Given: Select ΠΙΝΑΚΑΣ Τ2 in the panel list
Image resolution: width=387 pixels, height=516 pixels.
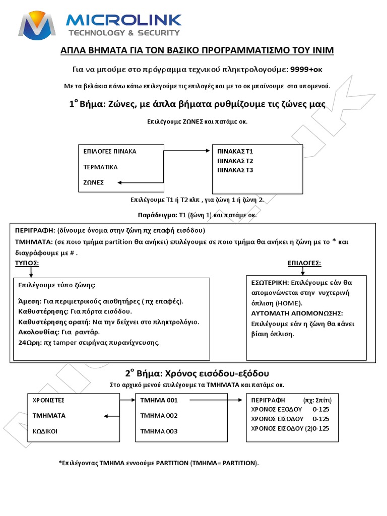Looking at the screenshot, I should click(235, 161).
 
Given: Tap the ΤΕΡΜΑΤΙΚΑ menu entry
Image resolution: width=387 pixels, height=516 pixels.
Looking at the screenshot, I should click(100, 167).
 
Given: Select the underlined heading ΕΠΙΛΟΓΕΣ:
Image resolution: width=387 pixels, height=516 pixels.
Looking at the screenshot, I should click(304, 263).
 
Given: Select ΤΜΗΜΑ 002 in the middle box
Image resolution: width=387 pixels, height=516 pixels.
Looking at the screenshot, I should click(159, 416).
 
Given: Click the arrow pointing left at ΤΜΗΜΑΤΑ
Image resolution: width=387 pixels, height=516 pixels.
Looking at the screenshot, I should click(111, 416).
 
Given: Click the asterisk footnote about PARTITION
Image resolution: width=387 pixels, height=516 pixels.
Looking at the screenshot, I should click(158, 463).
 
